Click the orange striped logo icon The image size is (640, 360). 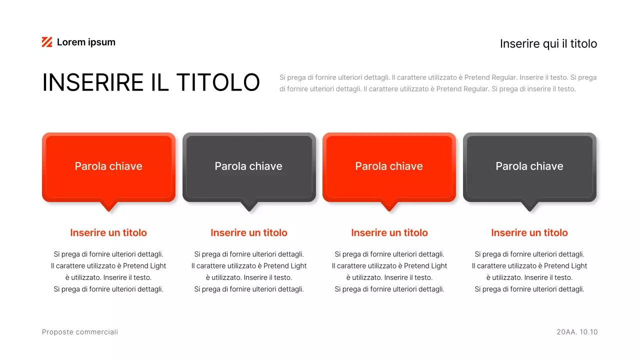coord(47,42)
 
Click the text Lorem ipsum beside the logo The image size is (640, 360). coord(86,42)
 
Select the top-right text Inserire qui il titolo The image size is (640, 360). coord(548,44)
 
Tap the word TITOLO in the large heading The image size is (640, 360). coord(218,82)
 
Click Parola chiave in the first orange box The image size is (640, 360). coord(108,166)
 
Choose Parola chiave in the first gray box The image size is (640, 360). coord(248,166)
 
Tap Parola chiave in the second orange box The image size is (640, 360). coord(389,166)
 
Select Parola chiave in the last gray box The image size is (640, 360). coord(529,166)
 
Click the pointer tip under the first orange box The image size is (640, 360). coord(108,207)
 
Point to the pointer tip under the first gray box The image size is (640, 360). coord(249,207)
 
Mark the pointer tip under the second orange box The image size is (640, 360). coord(389,207)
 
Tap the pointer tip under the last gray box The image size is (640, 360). coord(529,207)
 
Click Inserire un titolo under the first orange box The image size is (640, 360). coord(108,233)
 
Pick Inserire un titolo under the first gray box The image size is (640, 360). coord(249,233)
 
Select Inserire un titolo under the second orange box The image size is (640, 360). coord(389,233)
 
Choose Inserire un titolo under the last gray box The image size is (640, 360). coord(529,233)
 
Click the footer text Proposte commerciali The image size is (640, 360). coord(80,332)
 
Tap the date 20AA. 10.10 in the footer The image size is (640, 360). coord(577,332)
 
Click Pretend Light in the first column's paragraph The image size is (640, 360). coord(144,266)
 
